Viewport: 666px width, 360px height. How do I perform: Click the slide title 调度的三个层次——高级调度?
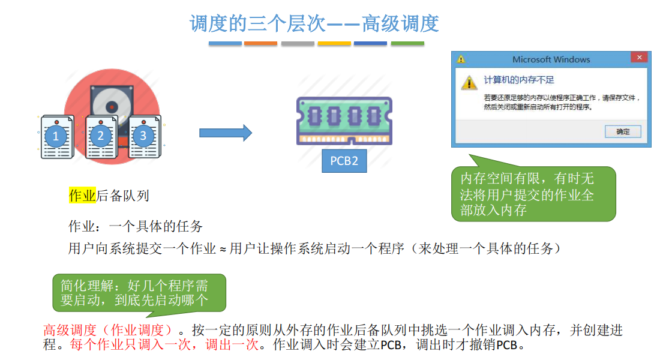(x=314, y=23)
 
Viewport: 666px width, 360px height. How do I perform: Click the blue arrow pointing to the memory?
(x=226, y=133)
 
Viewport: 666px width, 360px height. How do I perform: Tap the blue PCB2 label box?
(x=344, y=161)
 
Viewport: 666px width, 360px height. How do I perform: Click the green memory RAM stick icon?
(x=344, y=121)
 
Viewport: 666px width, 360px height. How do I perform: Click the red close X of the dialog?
(x=639, y=58)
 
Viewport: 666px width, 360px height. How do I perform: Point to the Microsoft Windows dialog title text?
(x=551, y=59)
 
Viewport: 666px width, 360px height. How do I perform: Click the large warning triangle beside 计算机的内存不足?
(x=469, y=82)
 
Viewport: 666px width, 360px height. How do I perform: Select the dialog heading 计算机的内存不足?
(x=518, y=80)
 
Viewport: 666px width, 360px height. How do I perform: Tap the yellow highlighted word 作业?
(x=82, y=195)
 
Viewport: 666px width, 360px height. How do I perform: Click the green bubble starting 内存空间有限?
(x=533, y=194)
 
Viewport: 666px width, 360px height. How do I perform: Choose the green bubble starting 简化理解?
(x=139, y=293)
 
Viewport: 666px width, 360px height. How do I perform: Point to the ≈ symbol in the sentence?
(x=223, y=249)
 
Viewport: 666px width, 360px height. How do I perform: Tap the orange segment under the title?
(x=260, y=43)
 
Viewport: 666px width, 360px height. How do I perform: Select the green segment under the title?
(x=407, y=43)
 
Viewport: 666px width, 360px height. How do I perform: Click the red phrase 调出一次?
(x=232, y=344)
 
